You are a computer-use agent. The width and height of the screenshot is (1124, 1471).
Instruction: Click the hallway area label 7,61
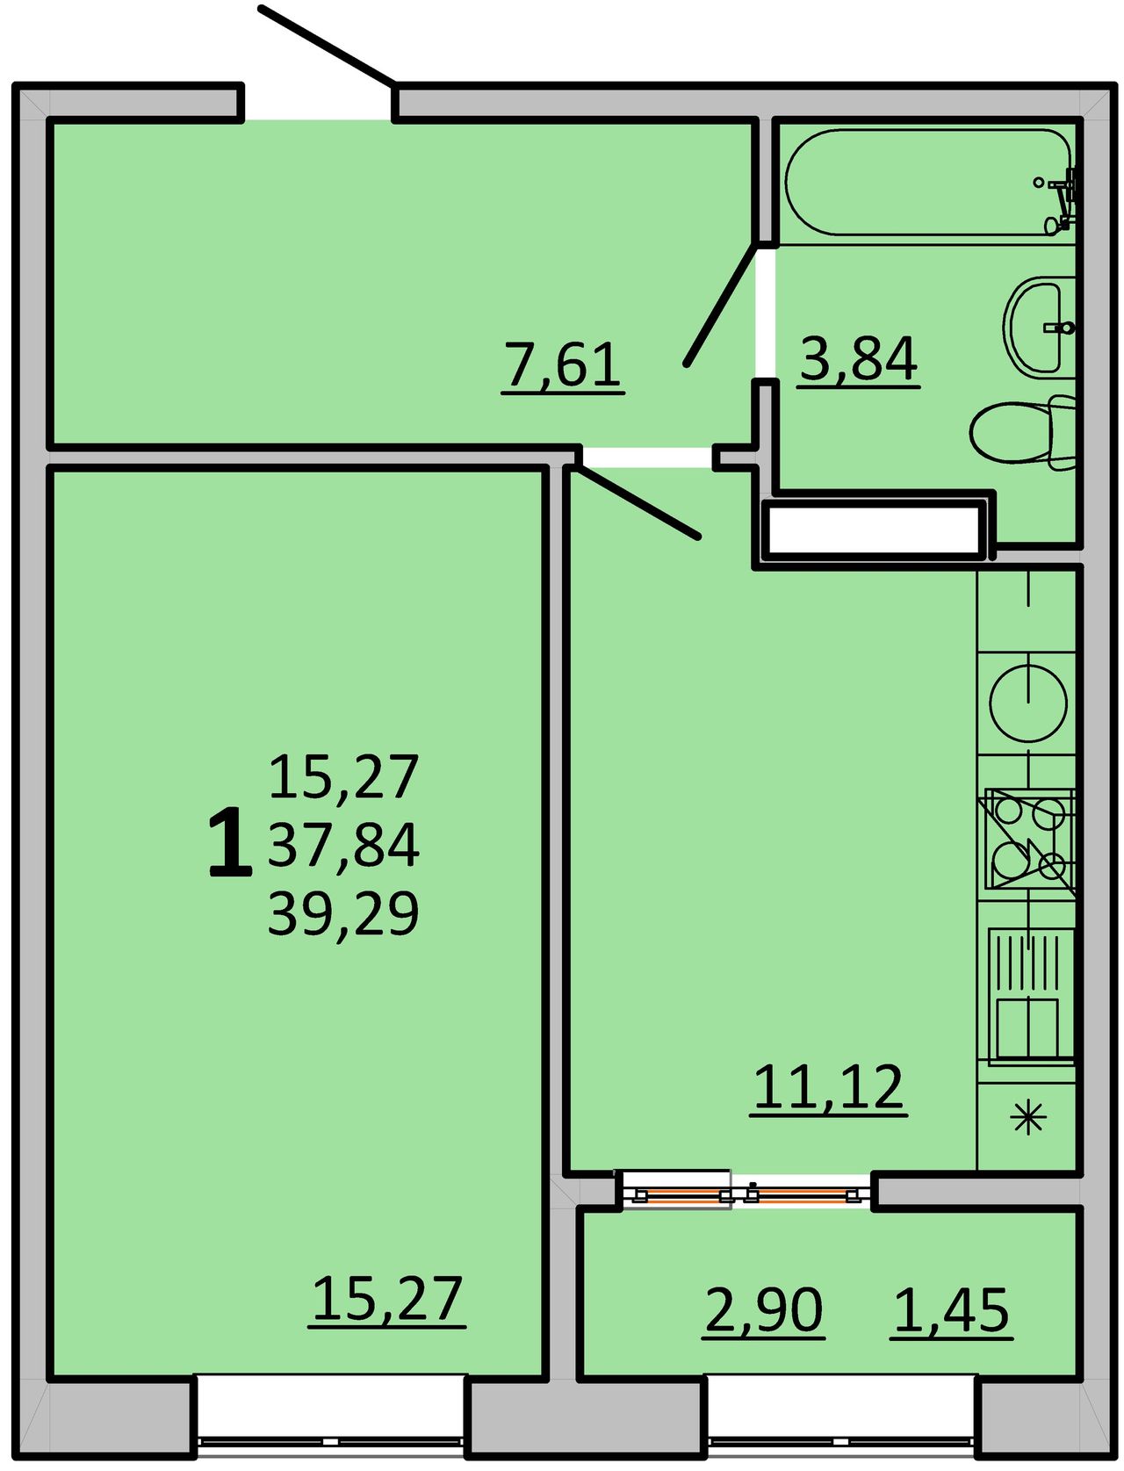(x=563, y=366)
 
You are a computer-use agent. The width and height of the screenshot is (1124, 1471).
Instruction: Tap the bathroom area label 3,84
(x=858, y=360)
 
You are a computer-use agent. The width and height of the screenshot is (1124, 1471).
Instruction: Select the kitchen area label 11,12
(x=829, y=1088)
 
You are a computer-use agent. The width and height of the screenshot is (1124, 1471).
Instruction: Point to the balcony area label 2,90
(x=764, y=1311)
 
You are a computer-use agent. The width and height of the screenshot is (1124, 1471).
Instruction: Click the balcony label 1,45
(x=951, y=1311)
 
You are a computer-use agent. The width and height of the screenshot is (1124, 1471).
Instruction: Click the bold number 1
(x=231, y=842)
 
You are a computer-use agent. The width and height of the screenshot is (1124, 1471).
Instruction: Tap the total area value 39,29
(x=343, y=912)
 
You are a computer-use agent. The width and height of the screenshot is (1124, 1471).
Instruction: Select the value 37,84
(x=343, y=845)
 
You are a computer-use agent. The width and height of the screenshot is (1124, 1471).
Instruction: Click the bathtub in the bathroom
(x=927, y=183)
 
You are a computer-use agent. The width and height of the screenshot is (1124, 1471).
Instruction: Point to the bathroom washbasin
(x=1038, y=328)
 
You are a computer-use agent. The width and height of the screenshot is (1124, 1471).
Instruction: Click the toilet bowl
(x=1022, y=432)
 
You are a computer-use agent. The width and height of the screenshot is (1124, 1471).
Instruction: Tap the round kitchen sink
(x=1027, y=703)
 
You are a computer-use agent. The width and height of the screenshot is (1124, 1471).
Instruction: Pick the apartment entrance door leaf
(x=327, y=47)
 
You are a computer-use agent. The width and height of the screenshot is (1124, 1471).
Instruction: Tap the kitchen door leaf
(x=637, y=502)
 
